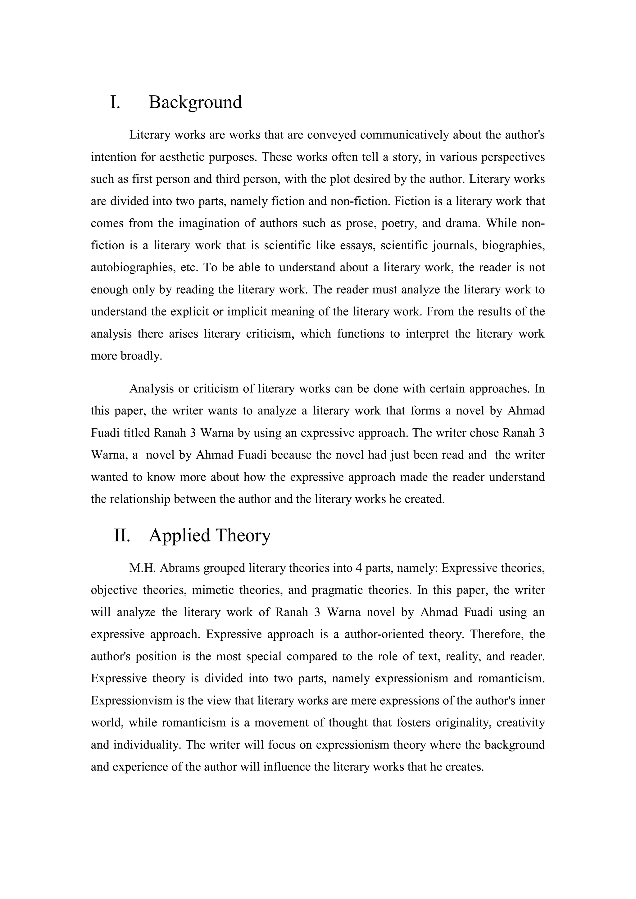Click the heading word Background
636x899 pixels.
(195, 102)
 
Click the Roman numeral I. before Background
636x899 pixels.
(115, 102)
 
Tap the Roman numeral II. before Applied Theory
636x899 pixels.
(122, 535)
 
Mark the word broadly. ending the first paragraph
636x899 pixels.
(141, 356)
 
